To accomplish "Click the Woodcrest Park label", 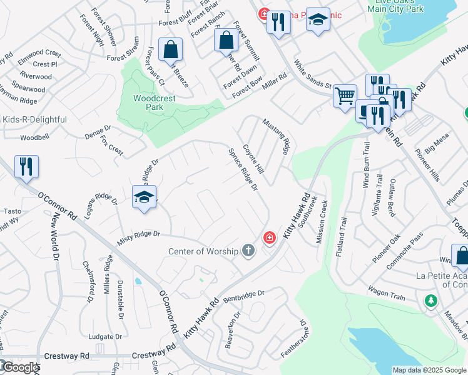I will pyautogui.click(x=148, y=102).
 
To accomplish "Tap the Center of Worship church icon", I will pyautogui.click(x=248, y=251).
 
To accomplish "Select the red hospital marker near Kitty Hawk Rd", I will pyautogui.click(x=269, y=237).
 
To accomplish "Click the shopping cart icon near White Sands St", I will pyautogui.click(x=345, y=97).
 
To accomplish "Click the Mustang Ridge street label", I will pyautogui.click(x=277, y=137).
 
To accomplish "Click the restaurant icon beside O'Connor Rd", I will pyautogui.click(x=26, y=167).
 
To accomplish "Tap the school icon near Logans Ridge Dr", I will pyautogui.click(x=144, y=197).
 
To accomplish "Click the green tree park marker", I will pyautogui.click(x=431, y=301).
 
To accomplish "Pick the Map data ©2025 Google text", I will pyautogui.click(x=428, y=370).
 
